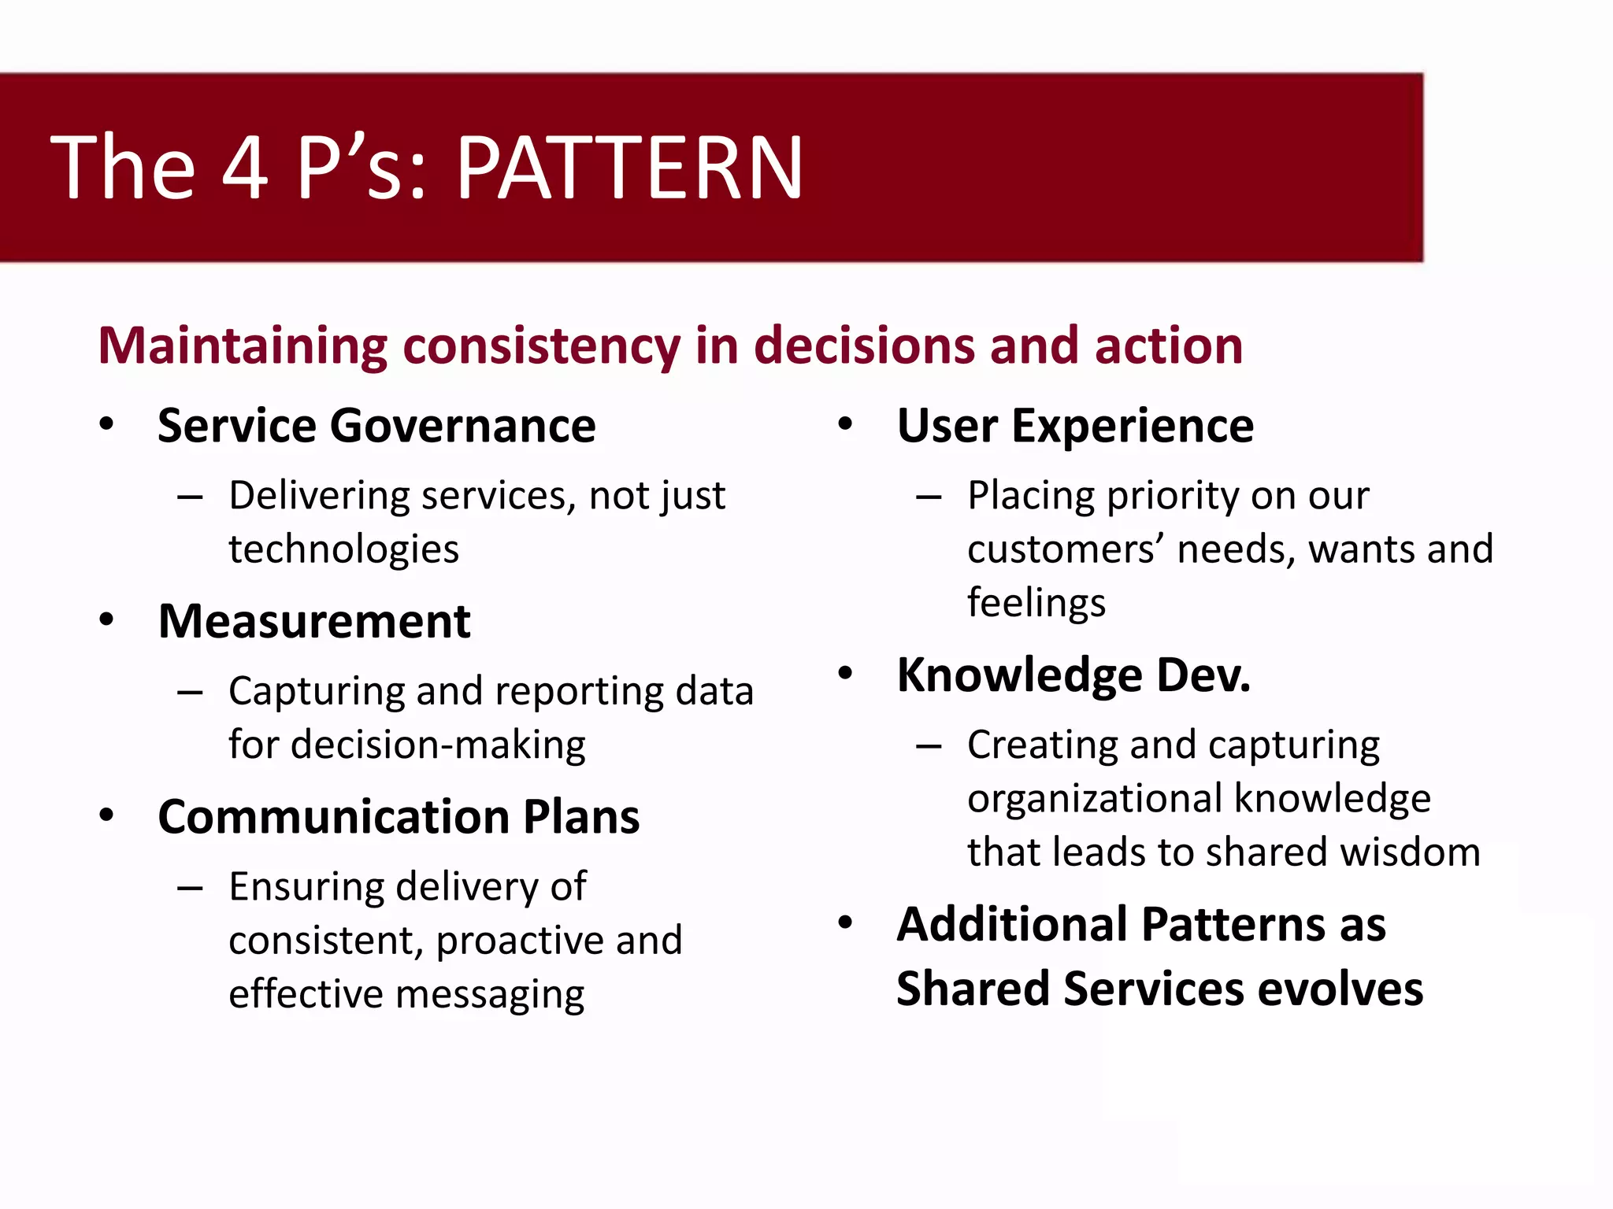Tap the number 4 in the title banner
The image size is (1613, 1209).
click(244, 168)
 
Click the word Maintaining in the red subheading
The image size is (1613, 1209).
click(243, 346)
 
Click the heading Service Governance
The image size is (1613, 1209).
click(376, 426)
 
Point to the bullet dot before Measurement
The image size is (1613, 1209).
click(107, 620)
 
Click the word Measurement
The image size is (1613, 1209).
click(314, 622)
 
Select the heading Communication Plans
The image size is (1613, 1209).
click(399, 817)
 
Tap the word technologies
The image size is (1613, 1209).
click(343, 549)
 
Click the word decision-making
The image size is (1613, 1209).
click(438, 745)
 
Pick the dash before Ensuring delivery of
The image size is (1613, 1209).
click(190, 889)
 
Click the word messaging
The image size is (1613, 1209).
click(490, 995)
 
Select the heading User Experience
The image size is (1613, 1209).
click(1075, 426)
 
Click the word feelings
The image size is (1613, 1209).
click(1036, 603)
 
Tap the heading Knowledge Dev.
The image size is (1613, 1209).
click(1073, 675)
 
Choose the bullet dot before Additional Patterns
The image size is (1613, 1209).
click(846, 922)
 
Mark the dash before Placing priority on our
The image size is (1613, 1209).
click(929, 497)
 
